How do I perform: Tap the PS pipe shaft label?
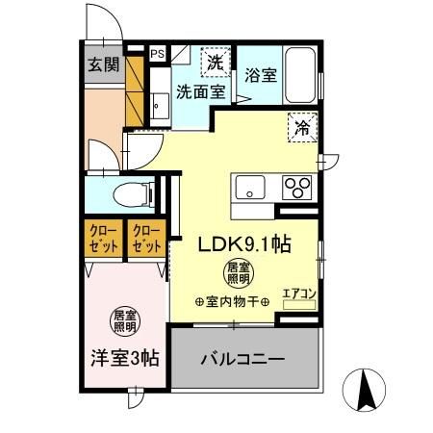tap(156, 55)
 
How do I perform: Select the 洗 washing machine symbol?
tap(217, 63)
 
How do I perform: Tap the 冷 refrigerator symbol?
tap(302, 125)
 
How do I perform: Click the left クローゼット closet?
tap(104, 238)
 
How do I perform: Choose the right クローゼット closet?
tap(146, 238)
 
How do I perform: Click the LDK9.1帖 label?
tap(244, 244)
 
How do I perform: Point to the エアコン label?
tap(298, 293)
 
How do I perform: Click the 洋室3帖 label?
tap(125, 358)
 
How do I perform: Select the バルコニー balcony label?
tap(242, 360)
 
